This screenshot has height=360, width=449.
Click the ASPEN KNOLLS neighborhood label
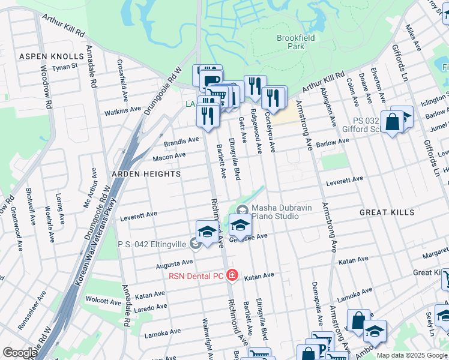[51, 56]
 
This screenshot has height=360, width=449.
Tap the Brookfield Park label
[291, 42]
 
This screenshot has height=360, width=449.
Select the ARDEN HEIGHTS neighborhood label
[146, 174]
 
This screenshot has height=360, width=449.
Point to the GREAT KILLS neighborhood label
[387, 213]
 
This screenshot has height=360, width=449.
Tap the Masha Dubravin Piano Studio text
[282, 212]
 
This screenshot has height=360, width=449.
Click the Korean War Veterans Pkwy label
[96, 240]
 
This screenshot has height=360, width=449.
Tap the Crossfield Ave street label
[121, 75]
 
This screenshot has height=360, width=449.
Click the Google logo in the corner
[20, 353]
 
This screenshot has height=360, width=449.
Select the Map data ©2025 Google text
[411, 355]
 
